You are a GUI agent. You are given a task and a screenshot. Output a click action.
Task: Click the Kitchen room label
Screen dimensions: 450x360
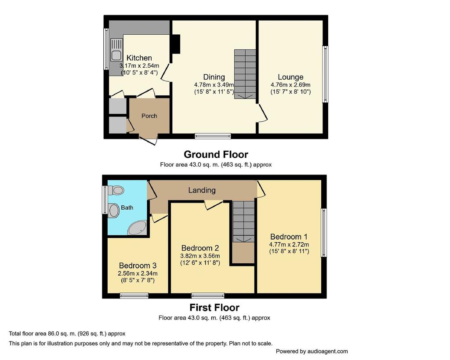pyautogui.click(x=139, y=58)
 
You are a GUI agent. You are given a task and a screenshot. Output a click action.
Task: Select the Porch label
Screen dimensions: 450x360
pyautogui.click(x=149, y=116)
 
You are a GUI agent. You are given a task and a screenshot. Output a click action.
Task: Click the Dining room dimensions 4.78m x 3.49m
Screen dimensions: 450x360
pyautogui.click(x=214, y=85)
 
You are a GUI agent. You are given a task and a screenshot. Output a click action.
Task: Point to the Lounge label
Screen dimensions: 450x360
pyautogui.click(x=290, y=77)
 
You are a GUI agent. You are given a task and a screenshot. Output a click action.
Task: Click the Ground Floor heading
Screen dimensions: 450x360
pyautogui.click(x=216, y=154)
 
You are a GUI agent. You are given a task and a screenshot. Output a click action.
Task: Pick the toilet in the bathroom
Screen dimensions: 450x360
pyautogui.click(x=116, y=190)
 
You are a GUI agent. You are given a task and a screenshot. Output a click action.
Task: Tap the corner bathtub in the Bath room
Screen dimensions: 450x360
pyautogui.click(x=138, y=228)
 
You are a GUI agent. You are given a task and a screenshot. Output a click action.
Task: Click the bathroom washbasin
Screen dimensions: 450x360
pyautogui.click(x=114, y=211)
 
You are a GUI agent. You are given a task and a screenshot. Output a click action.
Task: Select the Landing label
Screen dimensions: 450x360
pyautogui.click(x=202, y=190)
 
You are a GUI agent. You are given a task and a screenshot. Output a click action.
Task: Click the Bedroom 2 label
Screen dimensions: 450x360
pyautogui.click(x=200, y=248)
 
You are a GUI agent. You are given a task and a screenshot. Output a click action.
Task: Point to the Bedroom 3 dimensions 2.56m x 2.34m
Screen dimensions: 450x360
pyautogui.click(x=138, y=273)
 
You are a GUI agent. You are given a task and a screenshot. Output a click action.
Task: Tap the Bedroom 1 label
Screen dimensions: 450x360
pyautogui.click(x=289, y=236)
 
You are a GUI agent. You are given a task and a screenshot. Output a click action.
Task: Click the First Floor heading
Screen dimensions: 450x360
pyautogui.click(x=214, y=307)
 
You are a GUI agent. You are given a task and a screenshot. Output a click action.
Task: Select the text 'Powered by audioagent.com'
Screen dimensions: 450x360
pyautogui.click(x=312, y=351)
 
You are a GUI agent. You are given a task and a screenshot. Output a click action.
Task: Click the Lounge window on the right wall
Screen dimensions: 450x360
pyautogui.click(x=325, y=74)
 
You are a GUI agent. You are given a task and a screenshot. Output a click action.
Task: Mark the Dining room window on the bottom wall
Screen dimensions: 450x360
pyautogui.click(x=213, y=136)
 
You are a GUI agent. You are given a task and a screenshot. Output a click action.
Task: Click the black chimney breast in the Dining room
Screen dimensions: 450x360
pyautogui.click(x=175, y=44)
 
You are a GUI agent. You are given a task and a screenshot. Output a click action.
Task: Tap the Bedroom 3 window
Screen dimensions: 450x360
pyautogui.click(x=134, y=296)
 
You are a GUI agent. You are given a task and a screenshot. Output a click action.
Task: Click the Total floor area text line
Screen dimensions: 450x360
pyautogui.click(x=67, y=334)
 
